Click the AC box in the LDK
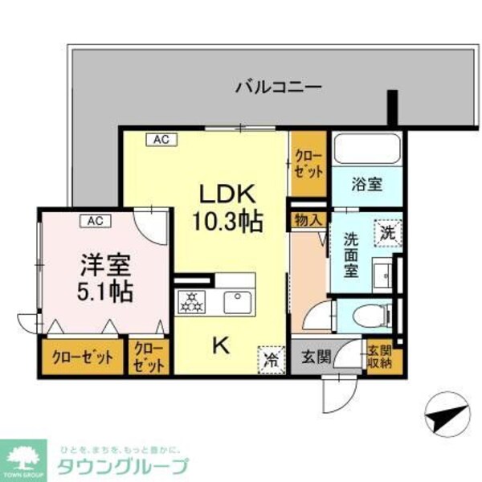161,139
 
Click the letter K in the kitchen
220,346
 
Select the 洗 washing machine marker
386,233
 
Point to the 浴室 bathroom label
366,184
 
